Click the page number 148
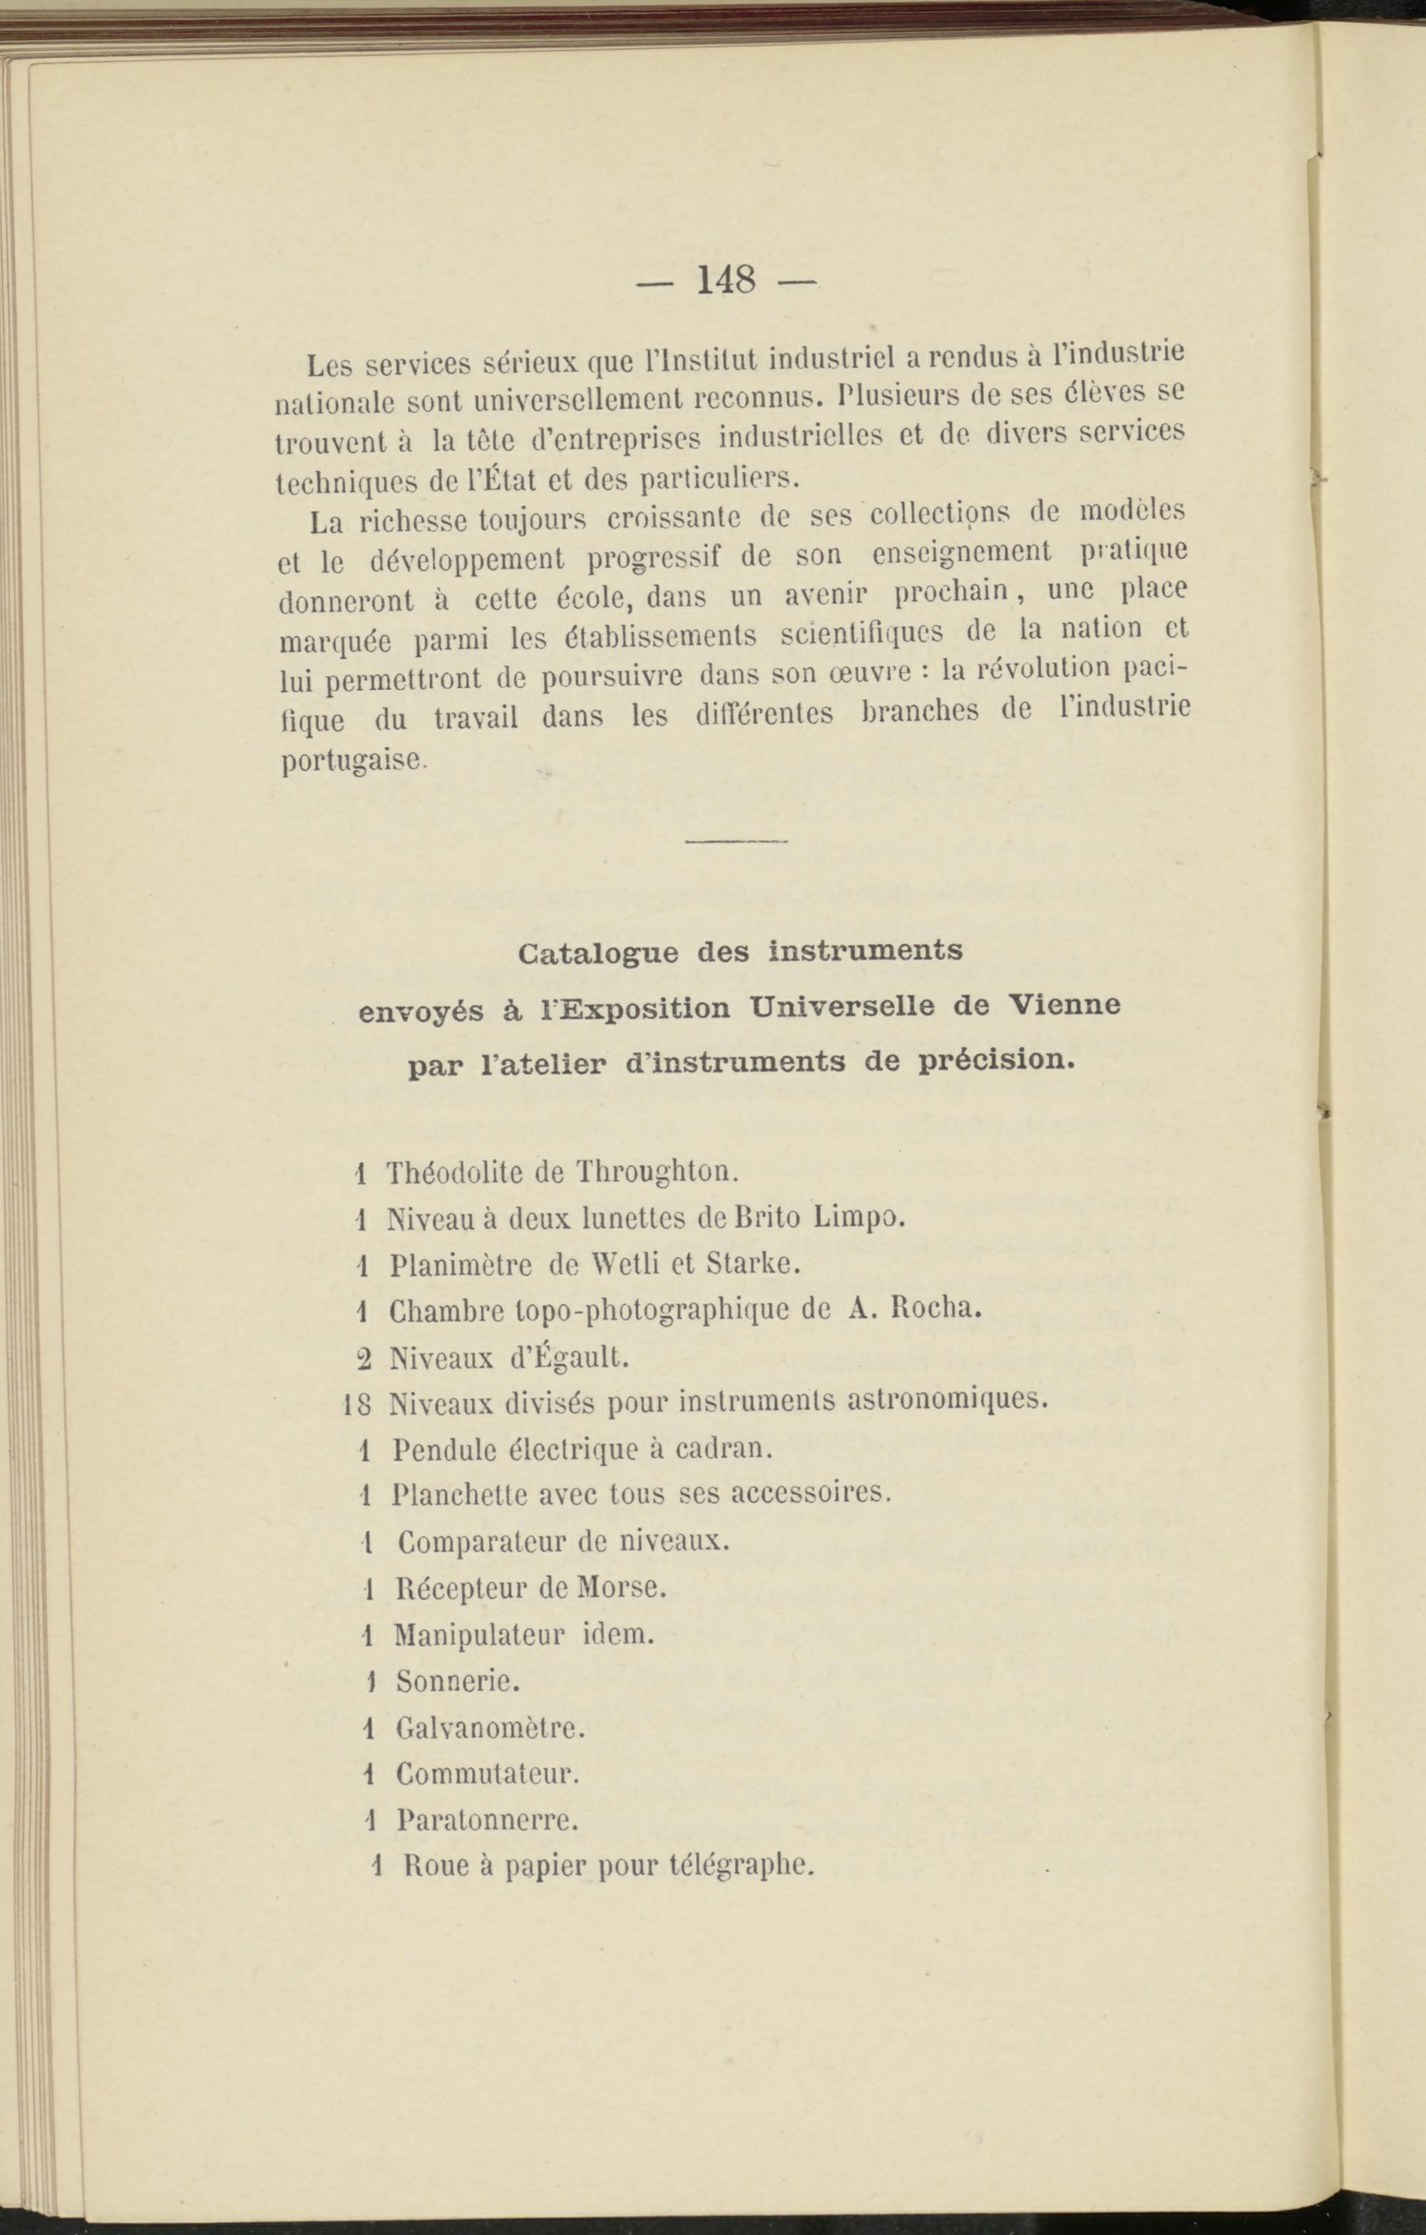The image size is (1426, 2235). pyautogui.click(x=727, y=279)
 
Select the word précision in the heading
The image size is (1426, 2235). pyautogui.click(x=997, y=1059)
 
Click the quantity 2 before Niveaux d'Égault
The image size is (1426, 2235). pyautogui.click(x=364, y=1359)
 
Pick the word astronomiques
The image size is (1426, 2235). pyautogui.click(x=949, y=1399)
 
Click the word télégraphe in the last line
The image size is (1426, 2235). pyautogui.click(x=741, y=1866)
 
